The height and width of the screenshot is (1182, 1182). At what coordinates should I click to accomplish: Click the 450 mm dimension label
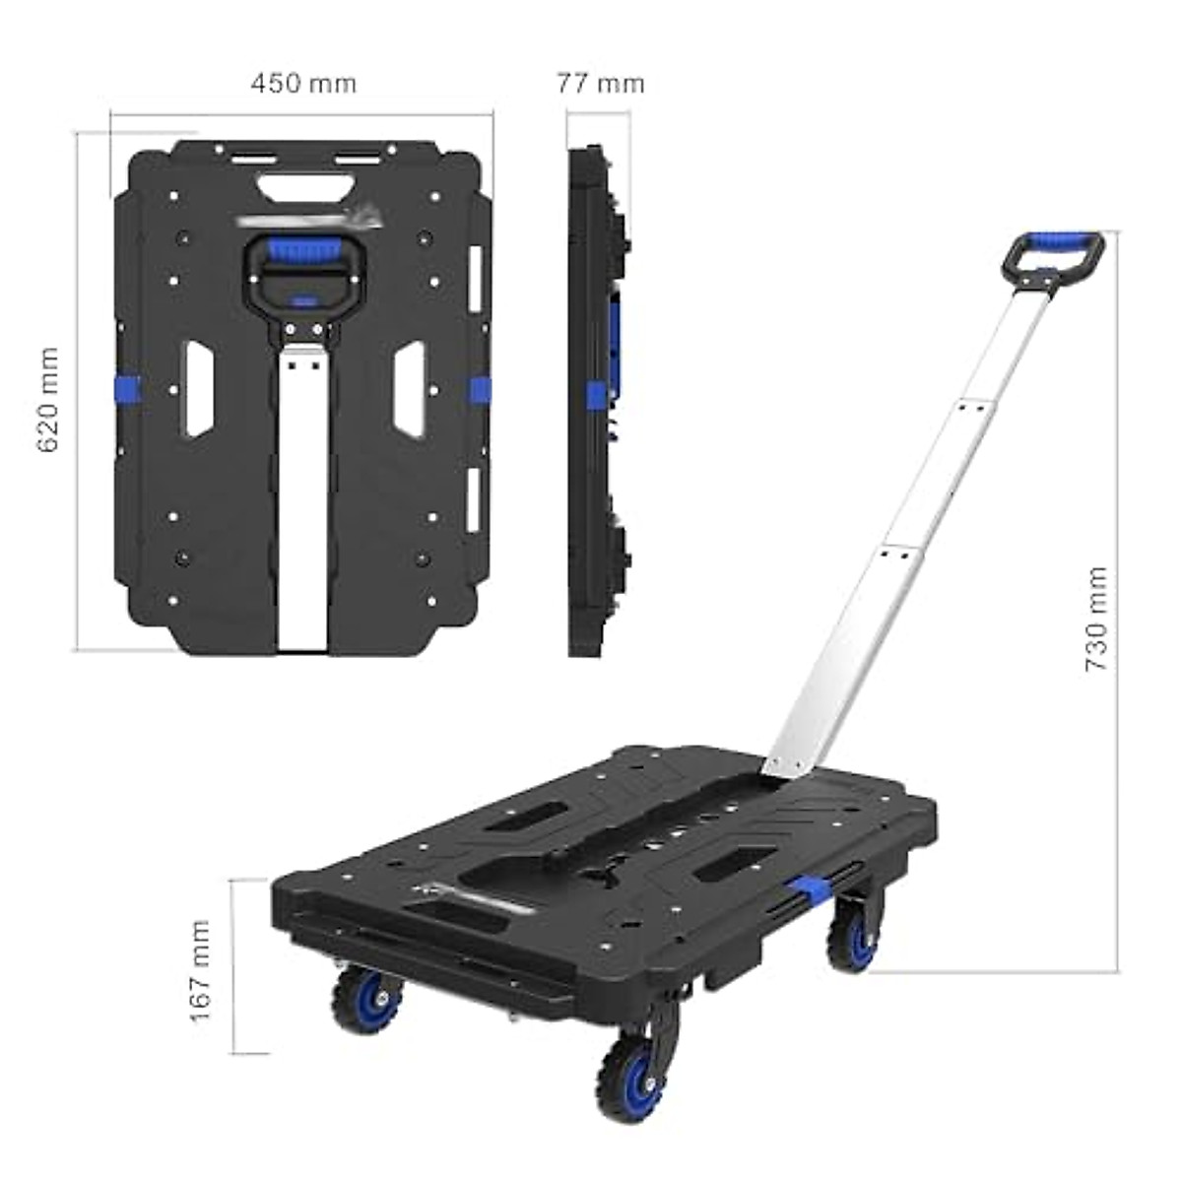[303, 83]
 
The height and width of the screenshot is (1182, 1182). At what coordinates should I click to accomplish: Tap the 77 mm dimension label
[600, 83]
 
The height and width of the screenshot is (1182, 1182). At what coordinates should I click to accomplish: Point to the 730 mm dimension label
[1096, 619]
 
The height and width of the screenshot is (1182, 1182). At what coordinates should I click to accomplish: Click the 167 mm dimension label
[201, 970]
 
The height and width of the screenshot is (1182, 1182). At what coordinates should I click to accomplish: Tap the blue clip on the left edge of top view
[127, 388]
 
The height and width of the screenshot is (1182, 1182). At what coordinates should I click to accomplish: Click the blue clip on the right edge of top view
[479, 388]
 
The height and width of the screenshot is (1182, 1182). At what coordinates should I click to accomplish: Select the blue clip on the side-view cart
[594, 394]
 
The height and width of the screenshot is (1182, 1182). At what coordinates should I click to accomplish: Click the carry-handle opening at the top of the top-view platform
[304, 185]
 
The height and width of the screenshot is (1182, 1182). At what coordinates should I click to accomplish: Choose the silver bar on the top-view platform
[301, 502]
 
